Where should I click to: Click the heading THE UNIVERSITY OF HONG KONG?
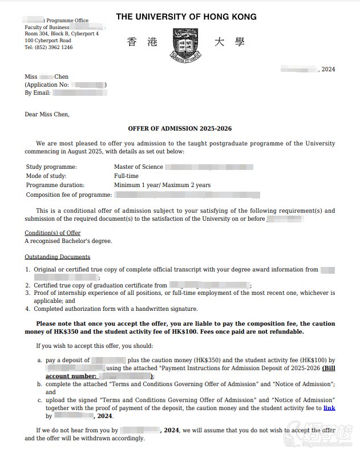186,17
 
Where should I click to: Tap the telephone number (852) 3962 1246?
48,47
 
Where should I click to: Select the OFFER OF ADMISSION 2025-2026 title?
180,129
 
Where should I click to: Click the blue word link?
329,408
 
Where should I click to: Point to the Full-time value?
127,176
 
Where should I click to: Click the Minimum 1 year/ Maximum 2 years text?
162,185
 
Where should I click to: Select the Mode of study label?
47,176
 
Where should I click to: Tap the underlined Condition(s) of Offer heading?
52,233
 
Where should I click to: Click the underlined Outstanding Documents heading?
57,257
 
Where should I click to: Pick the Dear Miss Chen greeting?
47,114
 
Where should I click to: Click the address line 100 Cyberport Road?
48,40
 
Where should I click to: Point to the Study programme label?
51,167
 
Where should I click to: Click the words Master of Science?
139,167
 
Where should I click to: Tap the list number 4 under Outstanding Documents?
27,309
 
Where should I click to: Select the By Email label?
38,92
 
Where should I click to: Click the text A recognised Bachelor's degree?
68,241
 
